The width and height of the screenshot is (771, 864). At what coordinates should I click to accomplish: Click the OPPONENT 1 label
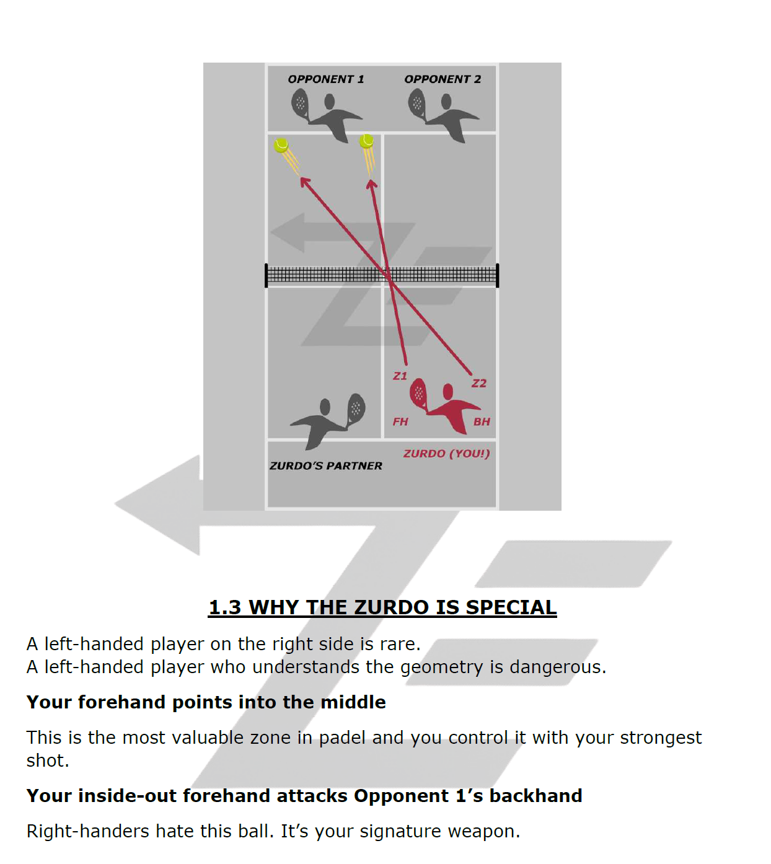326,79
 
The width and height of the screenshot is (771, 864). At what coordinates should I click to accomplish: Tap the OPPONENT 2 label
443,79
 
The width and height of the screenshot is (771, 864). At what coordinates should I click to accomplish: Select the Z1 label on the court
400,376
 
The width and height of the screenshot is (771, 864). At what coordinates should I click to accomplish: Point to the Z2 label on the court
479,384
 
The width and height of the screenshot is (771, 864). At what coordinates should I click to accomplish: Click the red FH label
400,421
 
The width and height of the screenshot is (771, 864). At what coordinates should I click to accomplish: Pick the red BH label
482,421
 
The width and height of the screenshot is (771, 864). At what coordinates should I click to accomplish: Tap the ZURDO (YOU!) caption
446,453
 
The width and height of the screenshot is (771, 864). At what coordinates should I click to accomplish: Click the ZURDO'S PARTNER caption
326,465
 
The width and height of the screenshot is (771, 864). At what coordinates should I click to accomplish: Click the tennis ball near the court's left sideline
281,146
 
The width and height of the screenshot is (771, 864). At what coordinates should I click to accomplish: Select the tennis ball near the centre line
367,141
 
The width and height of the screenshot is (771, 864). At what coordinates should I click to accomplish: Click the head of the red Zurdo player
447,391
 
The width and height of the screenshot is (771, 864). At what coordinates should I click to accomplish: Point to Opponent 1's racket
300,104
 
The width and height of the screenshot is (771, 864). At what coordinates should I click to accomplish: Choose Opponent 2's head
446,102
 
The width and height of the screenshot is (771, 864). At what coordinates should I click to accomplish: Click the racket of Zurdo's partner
356,408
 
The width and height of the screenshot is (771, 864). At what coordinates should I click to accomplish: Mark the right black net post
497,275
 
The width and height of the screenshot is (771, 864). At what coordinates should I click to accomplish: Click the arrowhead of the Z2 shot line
304,182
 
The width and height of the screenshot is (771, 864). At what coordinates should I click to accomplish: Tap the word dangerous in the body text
558,667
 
